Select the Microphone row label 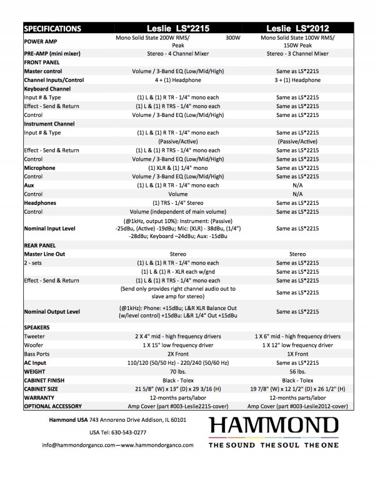coord(40,168)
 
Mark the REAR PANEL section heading coord(42,246)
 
